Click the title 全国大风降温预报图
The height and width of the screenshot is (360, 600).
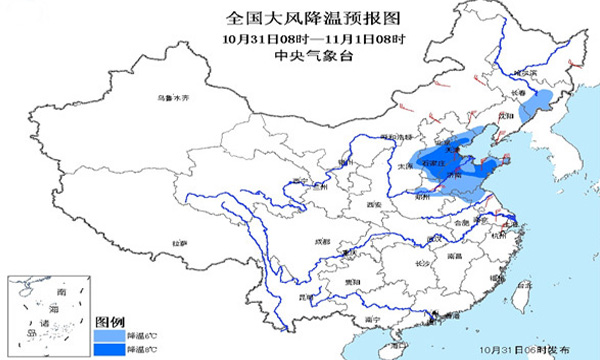point(301,18)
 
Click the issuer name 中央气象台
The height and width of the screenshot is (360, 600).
point(301,56)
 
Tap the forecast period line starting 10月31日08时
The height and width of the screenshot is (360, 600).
point(301,38)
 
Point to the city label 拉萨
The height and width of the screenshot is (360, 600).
point(179,243)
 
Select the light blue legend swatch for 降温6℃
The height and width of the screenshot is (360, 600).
point(109,337)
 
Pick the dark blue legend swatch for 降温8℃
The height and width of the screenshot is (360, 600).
point(109,350)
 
